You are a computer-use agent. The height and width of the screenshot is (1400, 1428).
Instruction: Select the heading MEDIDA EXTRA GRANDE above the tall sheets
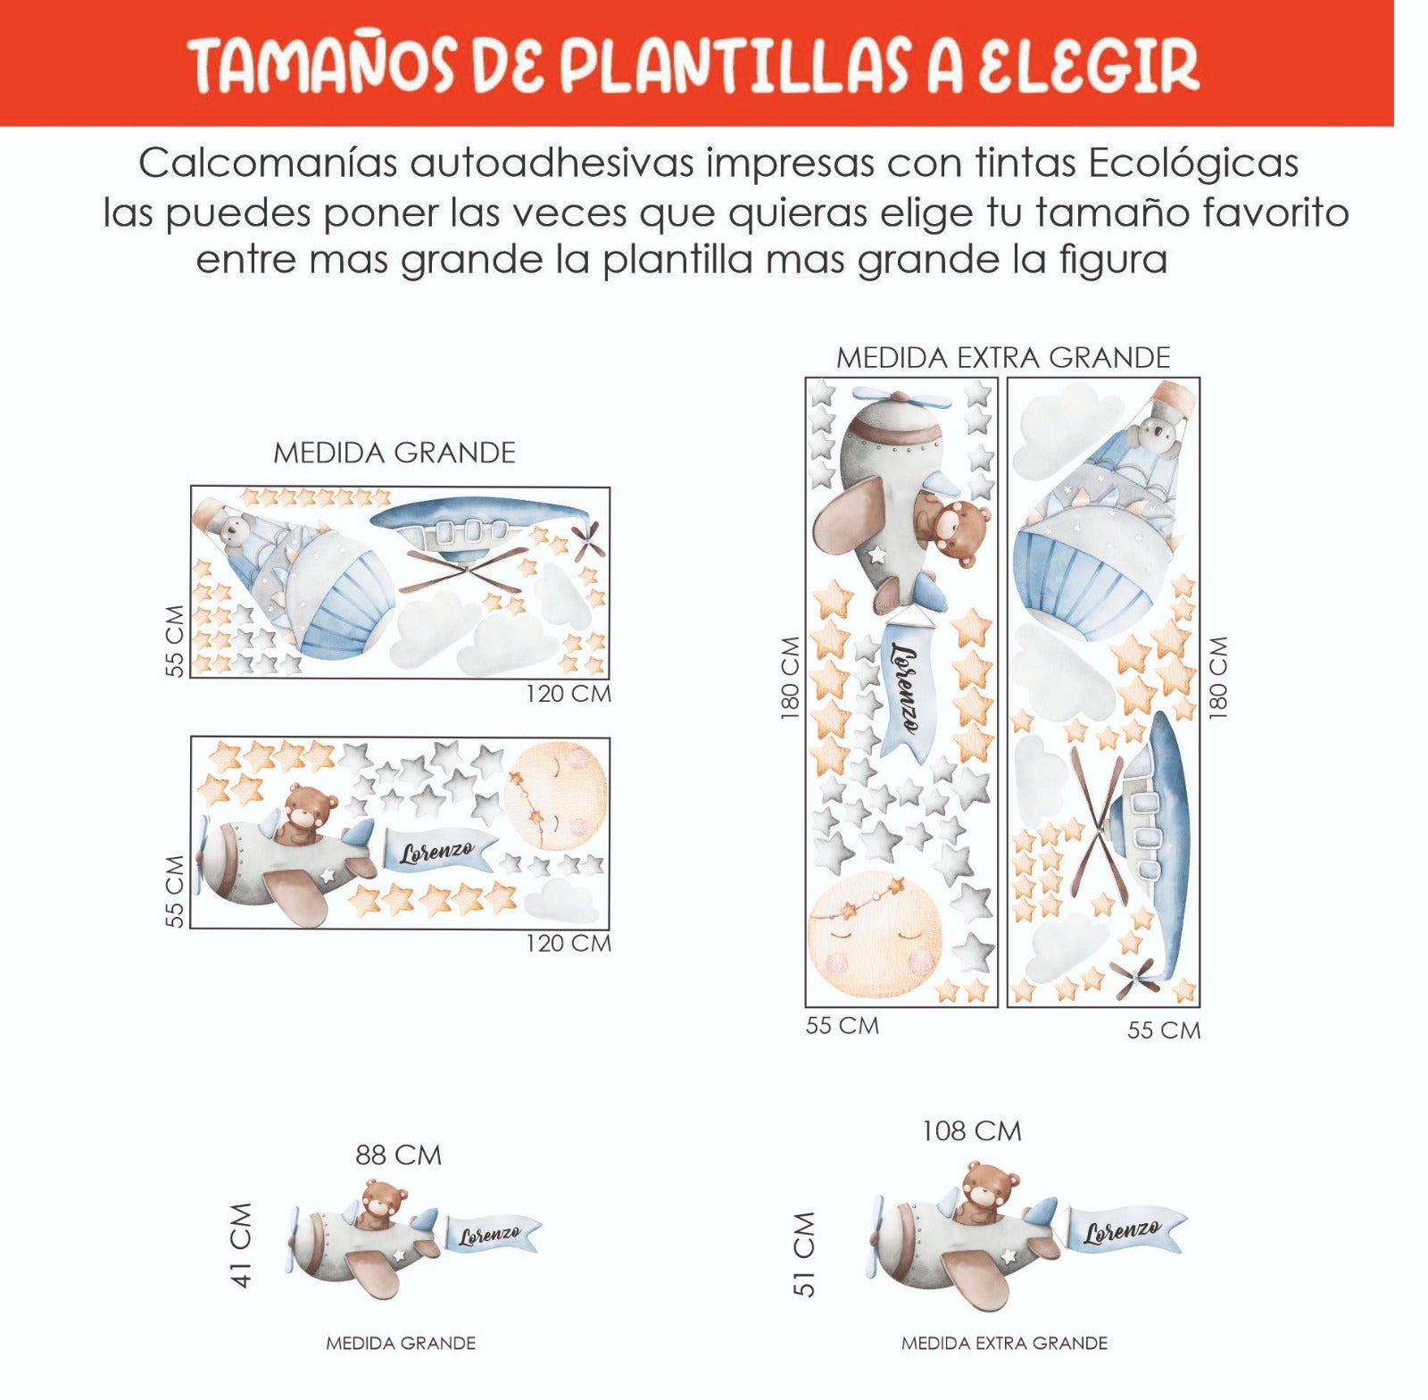1002,358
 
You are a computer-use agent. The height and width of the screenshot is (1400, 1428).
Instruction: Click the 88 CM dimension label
398,1155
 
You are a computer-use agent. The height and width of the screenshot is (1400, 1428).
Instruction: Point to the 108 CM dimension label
971,1131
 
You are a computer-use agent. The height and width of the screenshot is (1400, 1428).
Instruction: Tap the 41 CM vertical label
242,1245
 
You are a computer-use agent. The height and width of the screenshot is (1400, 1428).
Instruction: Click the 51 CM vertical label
804,1254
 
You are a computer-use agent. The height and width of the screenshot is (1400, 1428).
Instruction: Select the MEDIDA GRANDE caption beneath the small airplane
401,1343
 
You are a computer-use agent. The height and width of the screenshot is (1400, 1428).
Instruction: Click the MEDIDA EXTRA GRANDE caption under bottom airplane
1004,1343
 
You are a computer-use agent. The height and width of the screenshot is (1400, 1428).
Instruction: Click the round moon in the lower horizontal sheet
555,796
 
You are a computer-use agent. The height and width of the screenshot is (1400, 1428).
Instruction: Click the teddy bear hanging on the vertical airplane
953,531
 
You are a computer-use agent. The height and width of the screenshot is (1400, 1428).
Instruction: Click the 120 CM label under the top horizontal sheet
568,694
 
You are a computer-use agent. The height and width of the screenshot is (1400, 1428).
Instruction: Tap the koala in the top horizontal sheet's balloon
233,529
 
